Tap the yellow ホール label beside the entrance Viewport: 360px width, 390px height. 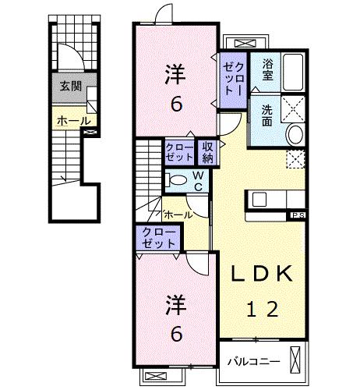point(72,121)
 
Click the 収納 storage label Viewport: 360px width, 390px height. point(210,152)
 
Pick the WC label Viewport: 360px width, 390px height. point(198,181)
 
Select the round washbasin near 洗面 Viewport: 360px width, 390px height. point(297,135)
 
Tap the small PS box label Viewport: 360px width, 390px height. point(298,214)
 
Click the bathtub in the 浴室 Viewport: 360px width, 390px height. point(295,74)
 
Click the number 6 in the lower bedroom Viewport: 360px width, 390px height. point(176,334)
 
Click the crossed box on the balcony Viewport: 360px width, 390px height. point(295,360)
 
